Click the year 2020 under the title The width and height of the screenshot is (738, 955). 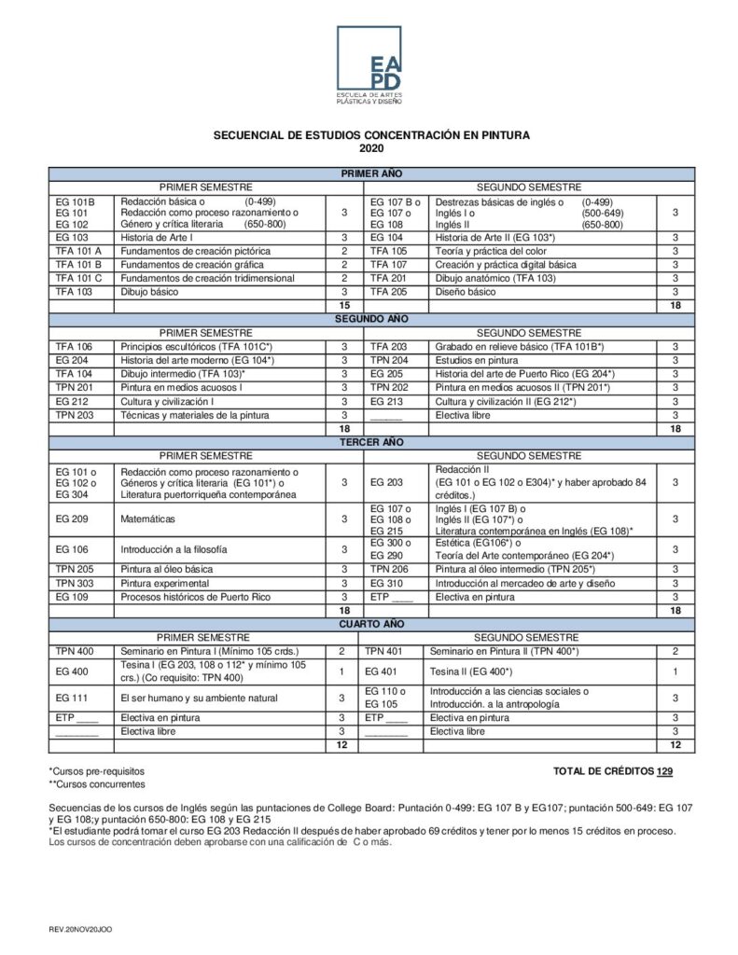[x=371, y=148]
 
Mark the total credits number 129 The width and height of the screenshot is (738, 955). [x=664, y=771]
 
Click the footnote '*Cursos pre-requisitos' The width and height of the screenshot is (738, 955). [x=97, y=771]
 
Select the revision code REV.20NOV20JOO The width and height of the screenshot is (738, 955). [x=81, y=930]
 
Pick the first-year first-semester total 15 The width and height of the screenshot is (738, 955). [x=344, y=305]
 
